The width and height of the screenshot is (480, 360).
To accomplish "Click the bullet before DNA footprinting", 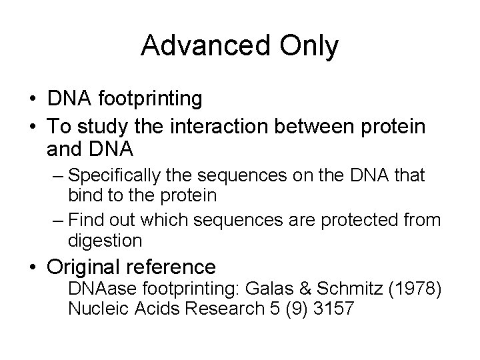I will (x=33, y=99).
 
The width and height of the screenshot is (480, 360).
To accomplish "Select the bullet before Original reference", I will (x=33, y=268).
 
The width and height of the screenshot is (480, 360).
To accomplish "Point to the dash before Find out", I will (x=57, y=219).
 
